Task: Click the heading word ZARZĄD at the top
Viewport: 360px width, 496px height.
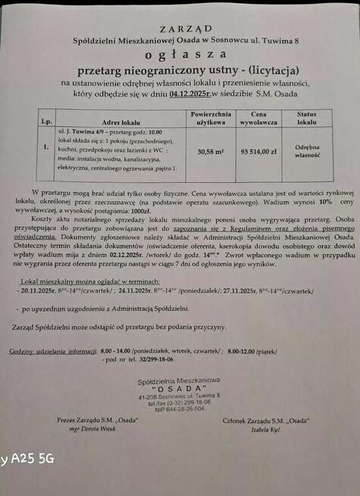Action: click(x=180, y=28)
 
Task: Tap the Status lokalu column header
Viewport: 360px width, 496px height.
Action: click(x=306, y=117)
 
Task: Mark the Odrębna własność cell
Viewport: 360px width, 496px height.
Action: click(x=306, y=151)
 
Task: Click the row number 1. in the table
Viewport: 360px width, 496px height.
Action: click(x=47, y=147)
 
